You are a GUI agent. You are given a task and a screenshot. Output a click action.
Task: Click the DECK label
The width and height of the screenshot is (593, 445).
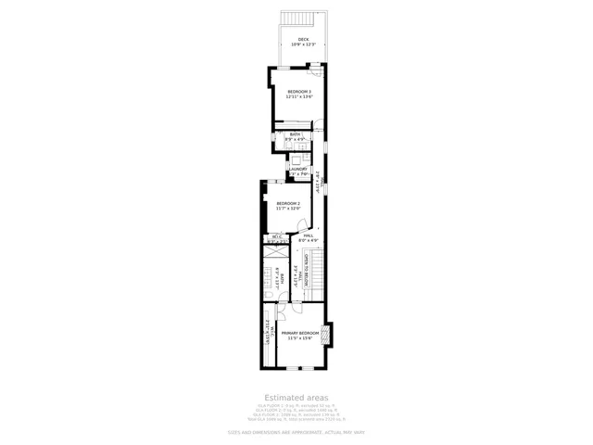[303, 39]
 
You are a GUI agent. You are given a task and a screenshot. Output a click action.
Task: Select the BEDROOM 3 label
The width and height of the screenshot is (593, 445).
[298, 91]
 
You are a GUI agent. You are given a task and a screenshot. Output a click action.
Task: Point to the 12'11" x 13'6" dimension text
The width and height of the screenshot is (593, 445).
[298, 96]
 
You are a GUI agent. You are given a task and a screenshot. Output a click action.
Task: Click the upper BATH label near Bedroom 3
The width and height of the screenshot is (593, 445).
[295, 134]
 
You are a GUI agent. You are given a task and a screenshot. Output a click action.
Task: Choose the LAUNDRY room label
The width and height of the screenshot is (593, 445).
[297, 169]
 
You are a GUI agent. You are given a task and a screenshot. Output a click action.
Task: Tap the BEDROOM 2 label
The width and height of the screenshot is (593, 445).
[288, 203]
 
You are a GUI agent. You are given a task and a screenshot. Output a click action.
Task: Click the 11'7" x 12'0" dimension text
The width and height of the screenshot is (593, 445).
[288, 209]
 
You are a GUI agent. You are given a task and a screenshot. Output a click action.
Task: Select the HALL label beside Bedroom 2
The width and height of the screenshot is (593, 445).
[309, 235]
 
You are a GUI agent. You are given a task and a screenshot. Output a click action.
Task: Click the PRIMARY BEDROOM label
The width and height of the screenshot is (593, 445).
[301, 333]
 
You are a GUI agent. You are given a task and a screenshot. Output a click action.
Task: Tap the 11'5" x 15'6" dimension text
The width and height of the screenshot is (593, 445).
[301, 338]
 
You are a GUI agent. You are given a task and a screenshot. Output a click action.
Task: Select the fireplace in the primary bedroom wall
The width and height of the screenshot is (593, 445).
[326, 334]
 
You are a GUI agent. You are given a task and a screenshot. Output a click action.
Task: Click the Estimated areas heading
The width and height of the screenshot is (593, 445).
[297, 397]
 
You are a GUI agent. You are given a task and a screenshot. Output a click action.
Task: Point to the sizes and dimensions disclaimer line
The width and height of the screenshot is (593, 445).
[296, 433]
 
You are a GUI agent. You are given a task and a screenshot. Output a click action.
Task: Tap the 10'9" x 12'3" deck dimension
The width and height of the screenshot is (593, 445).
[303, 44]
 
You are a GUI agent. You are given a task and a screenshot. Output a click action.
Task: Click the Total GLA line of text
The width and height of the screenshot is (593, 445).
[297, 420]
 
